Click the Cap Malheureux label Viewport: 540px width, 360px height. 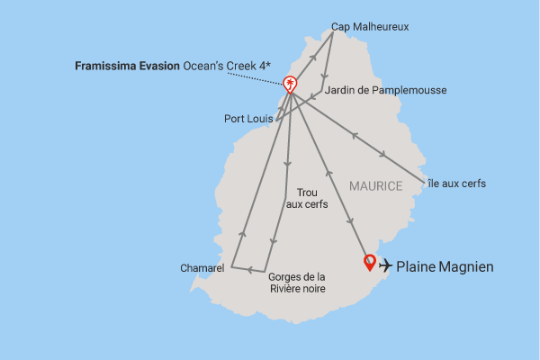pos(370,26)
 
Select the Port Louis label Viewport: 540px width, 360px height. pos(248,118)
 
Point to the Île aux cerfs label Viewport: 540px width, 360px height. pos(455,184)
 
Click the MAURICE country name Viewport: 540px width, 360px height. pos(374,185)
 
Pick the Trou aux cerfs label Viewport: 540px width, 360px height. pos(307,198)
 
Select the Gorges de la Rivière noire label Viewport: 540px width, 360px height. pos(297,283)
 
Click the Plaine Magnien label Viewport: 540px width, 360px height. pos(445,266)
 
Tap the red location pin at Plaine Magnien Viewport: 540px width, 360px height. pos(369,263)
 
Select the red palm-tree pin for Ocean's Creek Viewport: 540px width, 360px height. pos(291,85)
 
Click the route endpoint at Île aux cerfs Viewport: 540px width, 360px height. pos(423,178)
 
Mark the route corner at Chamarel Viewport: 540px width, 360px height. pos(231,266)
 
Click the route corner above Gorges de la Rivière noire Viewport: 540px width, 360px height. pos(265,272)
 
